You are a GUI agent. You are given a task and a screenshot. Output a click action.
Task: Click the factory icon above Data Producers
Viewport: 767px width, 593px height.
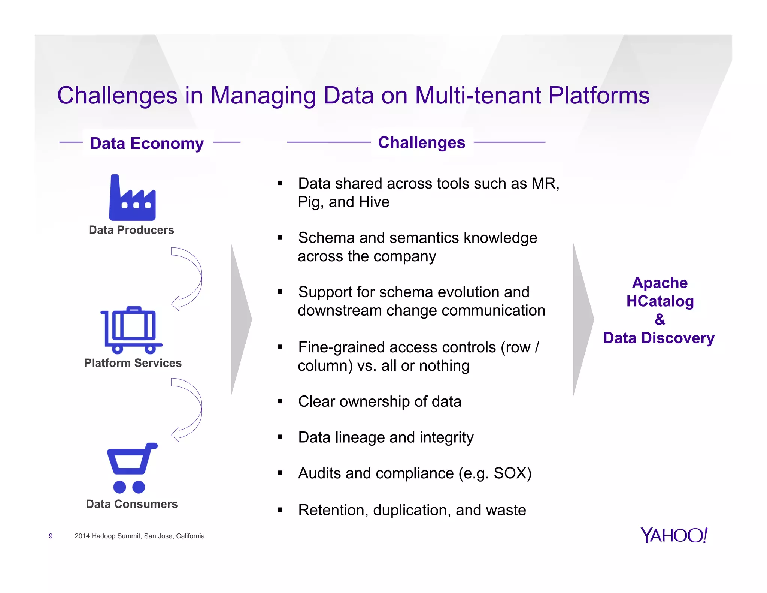coord(132,199)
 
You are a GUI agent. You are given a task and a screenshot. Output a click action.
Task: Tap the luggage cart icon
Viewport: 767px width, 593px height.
coord(131,330)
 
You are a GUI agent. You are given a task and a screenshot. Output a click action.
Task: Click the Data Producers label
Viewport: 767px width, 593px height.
coord(131,230)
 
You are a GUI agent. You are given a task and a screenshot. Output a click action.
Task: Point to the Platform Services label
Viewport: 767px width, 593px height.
coord(133,363)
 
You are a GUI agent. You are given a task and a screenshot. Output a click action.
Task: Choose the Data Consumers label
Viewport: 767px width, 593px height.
coord(132,504)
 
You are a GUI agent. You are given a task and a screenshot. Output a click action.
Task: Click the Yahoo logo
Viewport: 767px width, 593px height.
coord(674,535)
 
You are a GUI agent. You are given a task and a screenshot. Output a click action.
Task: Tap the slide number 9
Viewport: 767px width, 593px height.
coord(51,536)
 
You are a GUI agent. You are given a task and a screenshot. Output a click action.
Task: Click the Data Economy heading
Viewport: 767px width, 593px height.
coord(147,143)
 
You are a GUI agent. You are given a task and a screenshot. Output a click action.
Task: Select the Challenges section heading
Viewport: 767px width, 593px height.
coord(421,142)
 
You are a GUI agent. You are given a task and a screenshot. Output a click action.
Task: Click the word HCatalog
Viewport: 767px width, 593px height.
coord(660,301)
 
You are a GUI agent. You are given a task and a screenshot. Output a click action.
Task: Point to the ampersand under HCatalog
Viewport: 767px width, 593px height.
coord(660,319)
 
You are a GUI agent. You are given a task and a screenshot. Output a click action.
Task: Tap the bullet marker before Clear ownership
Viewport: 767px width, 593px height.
coord(280,401)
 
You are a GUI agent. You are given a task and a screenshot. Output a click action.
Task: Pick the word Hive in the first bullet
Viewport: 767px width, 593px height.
coord(374,202)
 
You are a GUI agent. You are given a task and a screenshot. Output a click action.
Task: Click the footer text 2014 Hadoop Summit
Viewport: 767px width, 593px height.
coord(140,536)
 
